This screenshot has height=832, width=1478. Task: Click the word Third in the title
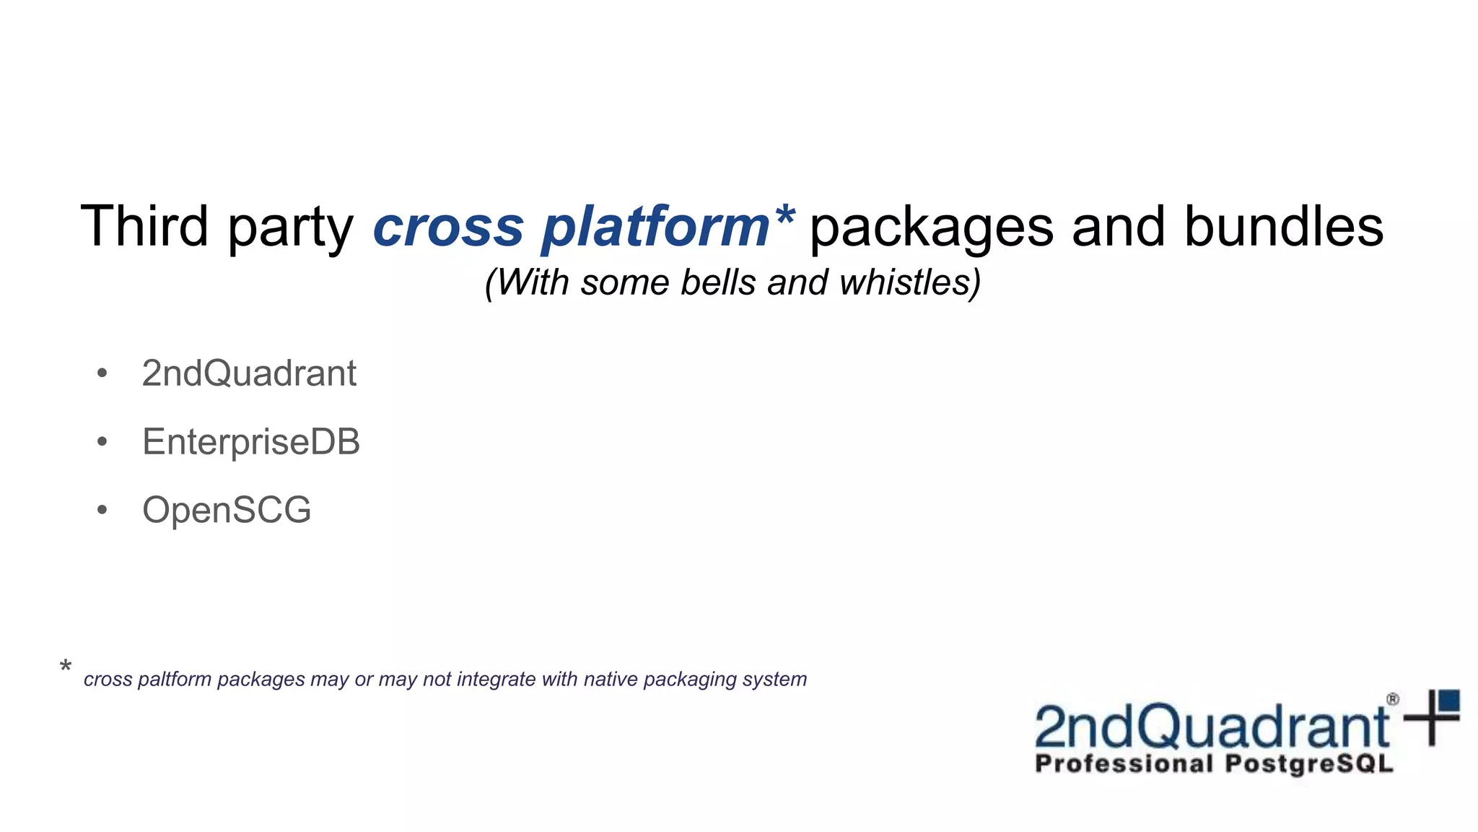coord(144,227)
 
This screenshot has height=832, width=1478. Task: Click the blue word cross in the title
coord(447,227)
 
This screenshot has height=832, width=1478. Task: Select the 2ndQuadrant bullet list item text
coord(249,373)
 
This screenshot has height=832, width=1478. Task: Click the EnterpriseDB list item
coord(250,441)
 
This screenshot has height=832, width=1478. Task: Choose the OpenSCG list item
coord(227,510)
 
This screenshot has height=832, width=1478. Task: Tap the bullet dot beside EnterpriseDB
coord(102,441)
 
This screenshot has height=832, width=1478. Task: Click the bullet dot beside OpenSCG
coord(102,510)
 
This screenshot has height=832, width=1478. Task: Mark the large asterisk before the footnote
coord(66,667)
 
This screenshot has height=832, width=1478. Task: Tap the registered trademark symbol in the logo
coord(1393,699)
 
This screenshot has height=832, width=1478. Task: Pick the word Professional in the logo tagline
coord(1124,764)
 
